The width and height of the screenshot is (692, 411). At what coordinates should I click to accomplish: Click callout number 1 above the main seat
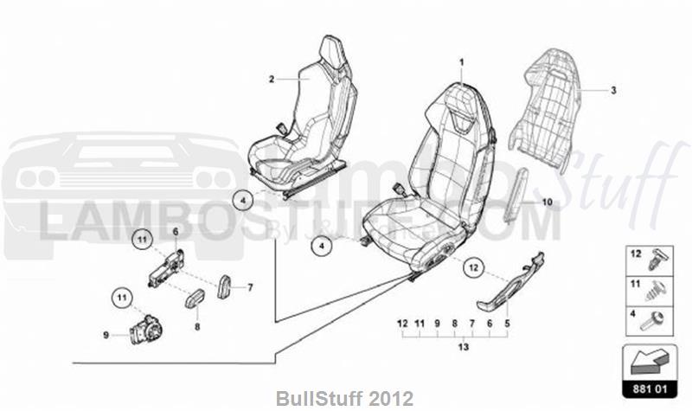pos(461,61)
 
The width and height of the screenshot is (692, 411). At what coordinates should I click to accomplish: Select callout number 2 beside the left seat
pos(271,79)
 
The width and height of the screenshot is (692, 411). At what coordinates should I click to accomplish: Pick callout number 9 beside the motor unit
pos(106,336)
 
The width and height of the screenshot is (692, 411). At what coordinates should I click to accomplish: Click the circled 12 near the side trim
pos(473,268)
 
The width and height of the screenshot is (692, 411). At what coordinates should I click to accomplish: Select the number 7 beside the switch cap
pos(250,287)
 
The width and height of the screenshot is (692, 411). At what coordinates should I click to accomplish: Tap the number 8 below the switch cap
pos(196,328)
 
